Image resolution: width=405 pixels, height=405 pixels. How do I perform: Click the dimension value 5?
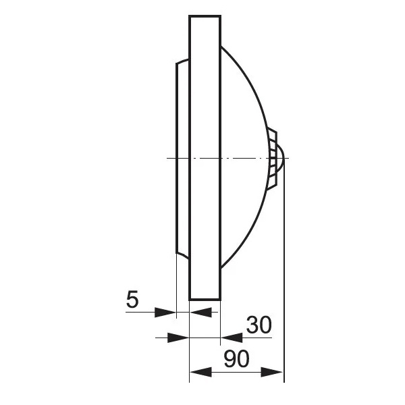[x=132, y=300]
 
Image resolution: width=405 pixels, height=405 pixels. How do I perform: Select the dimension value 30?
[x=259, y=325]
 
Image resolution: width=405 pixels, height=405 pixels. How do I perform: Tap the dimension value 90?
[x=237, y=358]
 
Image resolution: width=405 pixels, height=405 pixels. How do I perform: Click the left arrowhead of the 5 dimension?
[x=165, y=313]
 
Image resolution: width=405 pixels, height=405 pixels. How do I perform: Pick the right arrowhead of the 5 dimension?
[x=200, y=313]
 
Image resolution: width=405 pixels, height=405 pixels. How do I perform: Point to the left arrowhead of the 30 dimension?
[x=178, y=337]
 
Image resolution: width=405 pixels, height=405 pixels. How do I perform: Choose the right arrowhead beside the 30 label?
[x=232, y=337]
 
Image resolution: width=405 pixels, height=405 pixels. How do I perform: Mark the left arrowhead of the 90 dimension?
[x=200, y=372]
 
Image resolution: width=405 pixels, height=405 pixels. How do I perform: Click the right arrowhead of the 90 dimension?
[x=272, y=372]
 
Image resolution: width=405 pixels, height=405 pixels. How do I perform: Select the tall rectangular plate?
[x=205, y=158]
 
